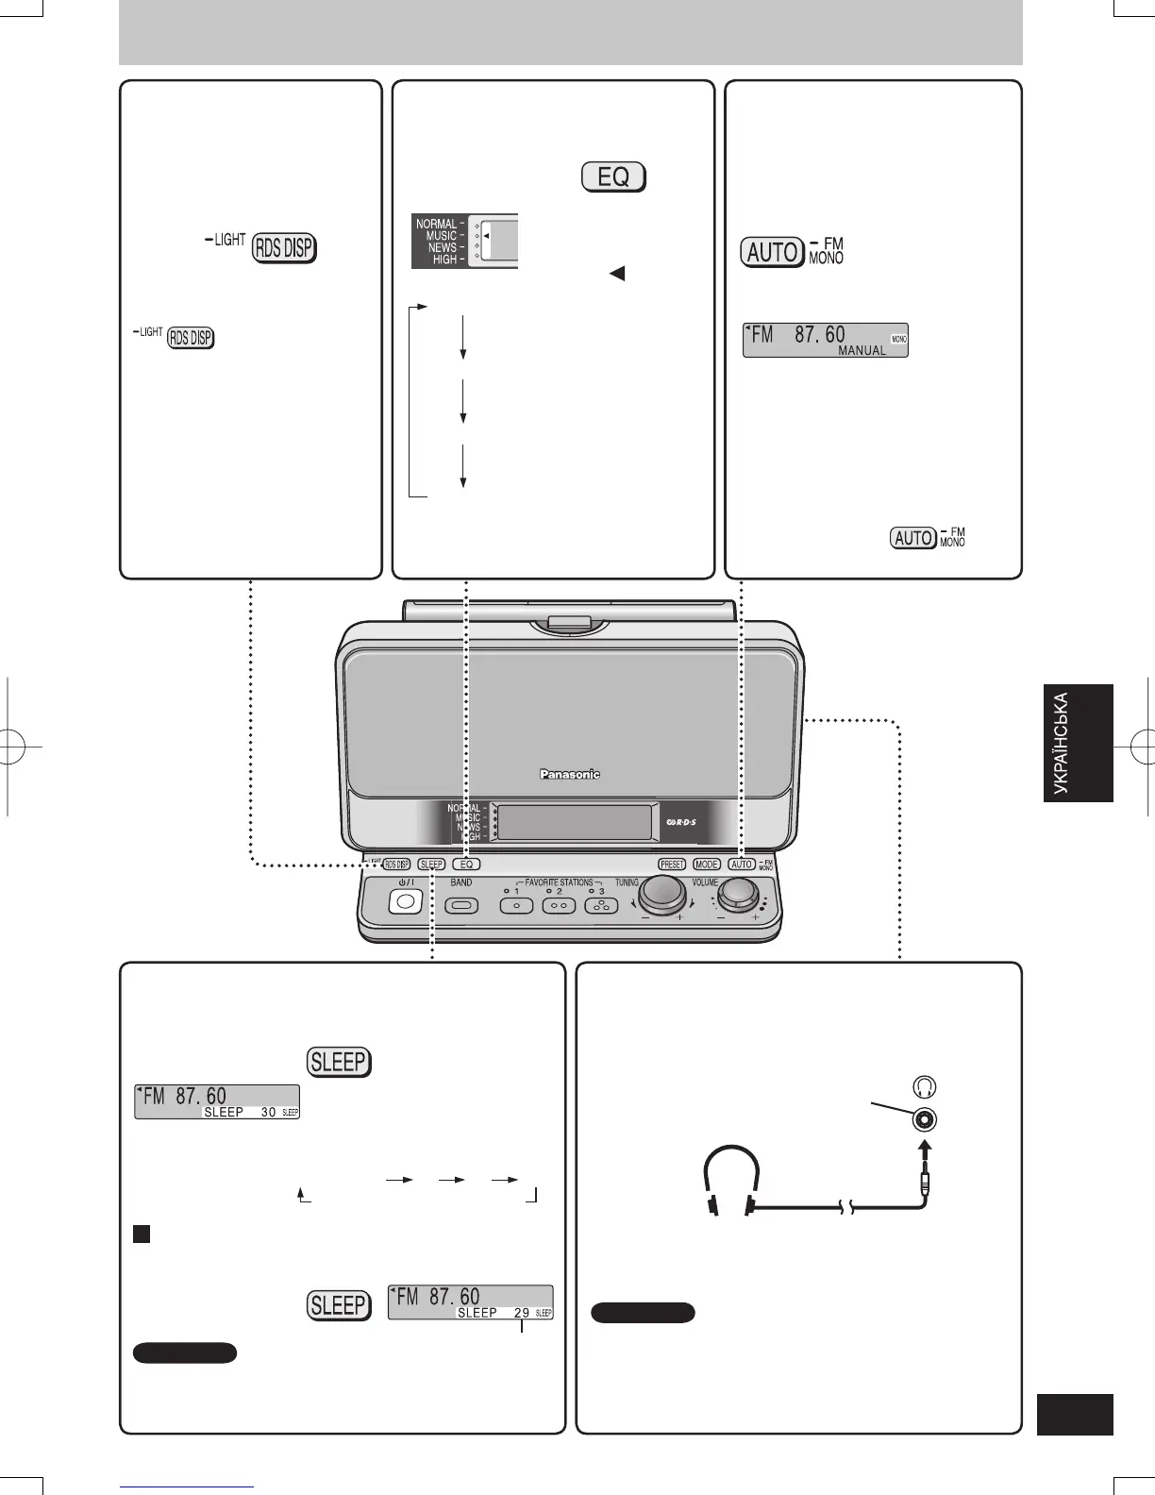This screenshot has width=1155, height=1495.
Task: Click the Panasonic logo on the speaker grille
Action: (569, 775)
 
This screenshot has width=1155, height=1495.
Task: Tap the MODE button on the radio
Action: (707, 864)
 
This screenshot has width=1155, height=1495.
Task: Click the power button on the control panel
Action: (405, 901)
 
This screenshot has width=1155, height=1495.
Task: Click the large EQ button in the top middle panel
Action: (613, 177)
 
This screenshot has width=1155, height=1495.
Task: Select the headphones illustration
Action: (733, 1180)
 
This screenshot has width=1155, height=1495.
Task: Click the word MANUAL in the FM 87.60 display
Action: (862, 350)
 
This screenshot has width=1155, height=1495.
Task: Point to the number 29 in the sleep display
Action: (522, 1313)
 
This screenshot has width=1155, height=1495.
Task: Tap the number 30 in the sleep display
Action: (268, 1112)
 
